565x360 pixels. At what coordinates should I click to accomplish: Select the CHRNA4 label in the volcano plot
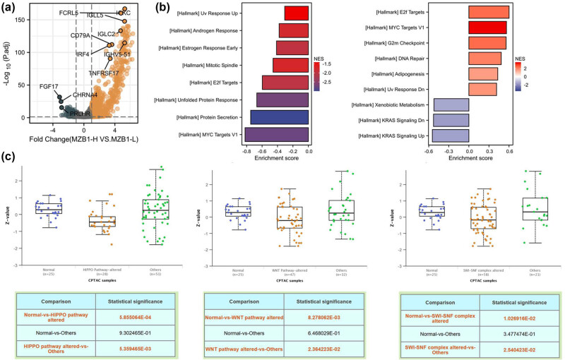82,95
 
